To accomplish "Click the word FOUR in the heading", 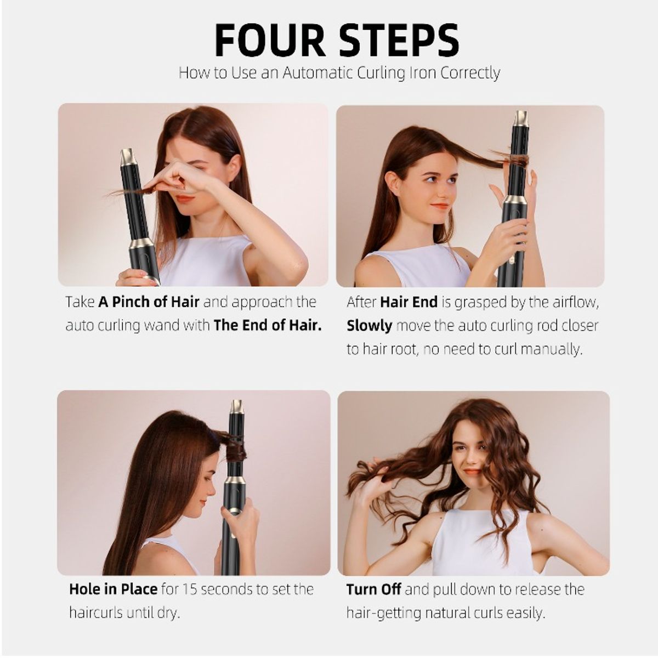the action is pyautogui.click(x=270, y=41).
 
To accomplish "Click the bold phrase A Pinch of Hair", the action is pyautogui.click(x=149, y=302).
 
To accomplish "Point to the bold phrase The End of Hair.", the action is pyautogui.click(x=268, y=325).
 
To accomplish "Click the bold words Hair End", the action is pyautogui.click(x=409, y=302).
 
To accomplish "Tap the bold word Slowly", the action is pyautogui.click(x=369, y=326).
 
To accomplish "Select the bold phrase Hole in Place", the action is pyautogui.click(x=113, y=589).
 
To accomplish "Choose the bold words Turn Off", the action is pyautogui.click(x=373, y=589).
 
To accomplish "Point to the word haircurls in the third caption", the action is pyautogui.click(x=95, y=613).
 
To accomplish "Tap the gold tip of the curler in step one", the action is pyautogui.click(x=127, y=156).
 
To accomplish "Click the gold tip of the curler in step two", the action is pyautogui.click(x=521, y=118).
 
